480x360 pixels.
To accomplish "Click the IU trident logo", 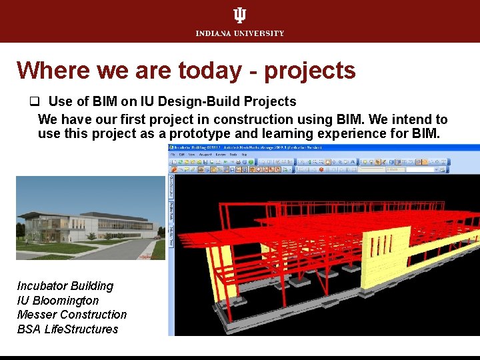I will [x=240, y=15].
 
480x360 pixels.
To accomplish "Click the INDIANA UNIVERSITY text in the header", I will [x=240, y=33].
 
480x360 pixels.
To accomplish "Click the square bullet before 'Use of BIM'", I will [x=32, y=102].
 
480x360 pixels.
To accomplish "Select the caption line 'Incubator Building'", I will [x=65, y=286].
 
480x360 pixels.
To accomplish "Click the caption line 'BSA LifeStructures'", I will [x=67, y=329].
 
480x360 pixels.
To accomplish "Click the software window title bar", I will [x=267, y=148].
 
